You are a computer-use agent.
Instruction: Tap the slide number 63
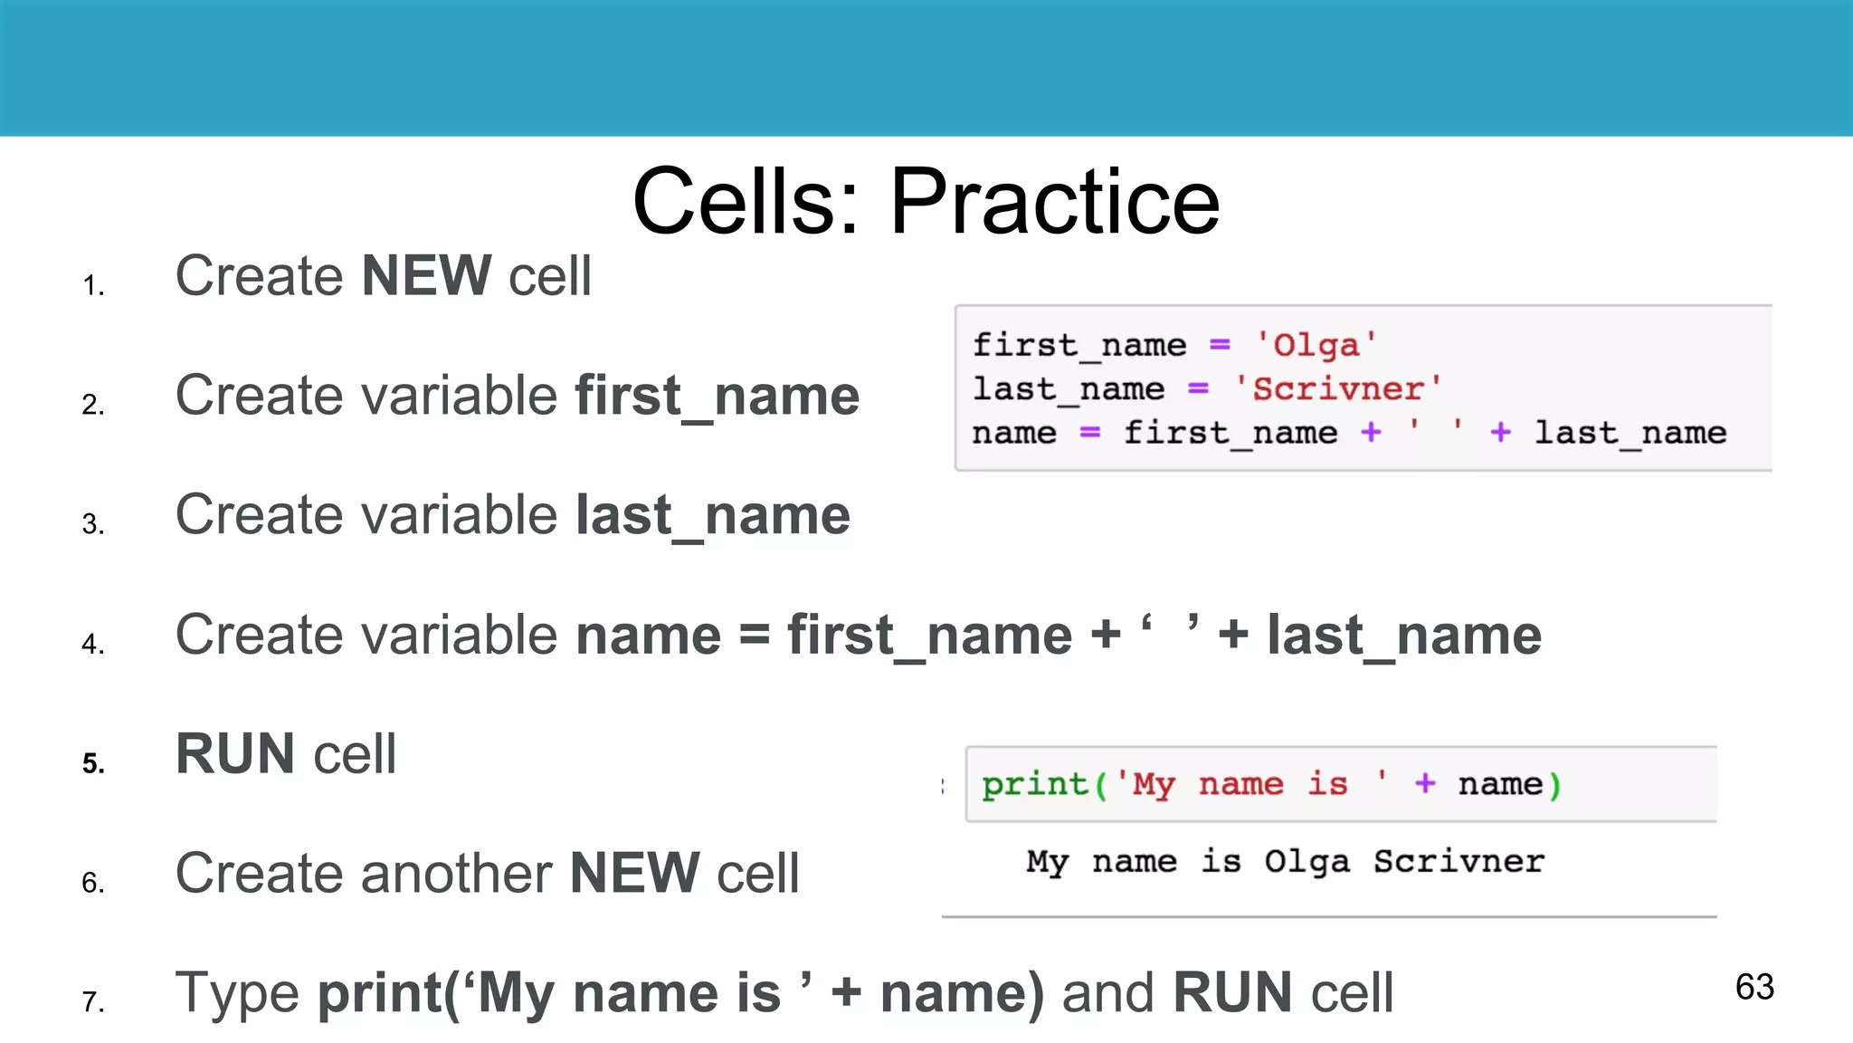(x=1754, y=987)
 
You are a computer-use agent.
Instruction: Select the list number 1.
(x=93, y=286)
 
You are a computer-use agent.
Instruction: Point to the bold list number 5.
(x=93, y=763)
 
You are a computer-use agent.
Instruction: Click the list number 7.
(x=93, y=1002)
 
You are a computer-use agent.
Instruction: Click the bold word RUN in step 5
(x=235, y=753)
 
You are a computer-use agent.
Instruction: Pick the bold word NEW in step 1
(x=426, y=275)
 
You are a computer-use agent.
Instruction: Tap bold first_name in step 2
(x=717, y=396)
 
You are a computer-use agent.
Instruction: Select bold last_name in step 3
(x=713, y=515)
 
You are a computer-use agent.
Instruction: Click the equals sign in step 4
(x=754, y=635)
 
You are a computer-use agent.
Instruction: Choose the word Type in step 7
(x=237, y=993)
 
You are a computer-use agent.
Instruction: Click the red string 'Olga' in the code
(x=1316, y=345)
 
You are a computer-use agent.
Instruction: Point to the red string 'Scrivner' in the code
(x=1338, y=389)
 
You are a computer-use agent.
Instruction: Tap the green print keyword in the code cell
(x=1034, y=784)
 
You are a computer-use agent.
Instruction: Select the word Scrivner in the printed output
(x=1459, y=861)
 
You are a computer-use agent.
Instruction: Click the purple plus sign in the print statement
(x=1425, y=783)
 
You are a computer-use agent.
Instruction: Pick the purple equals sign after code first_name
(x=1220, y=345)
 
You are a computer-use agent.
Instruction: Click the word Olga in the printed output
(x=1307, y=862)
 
